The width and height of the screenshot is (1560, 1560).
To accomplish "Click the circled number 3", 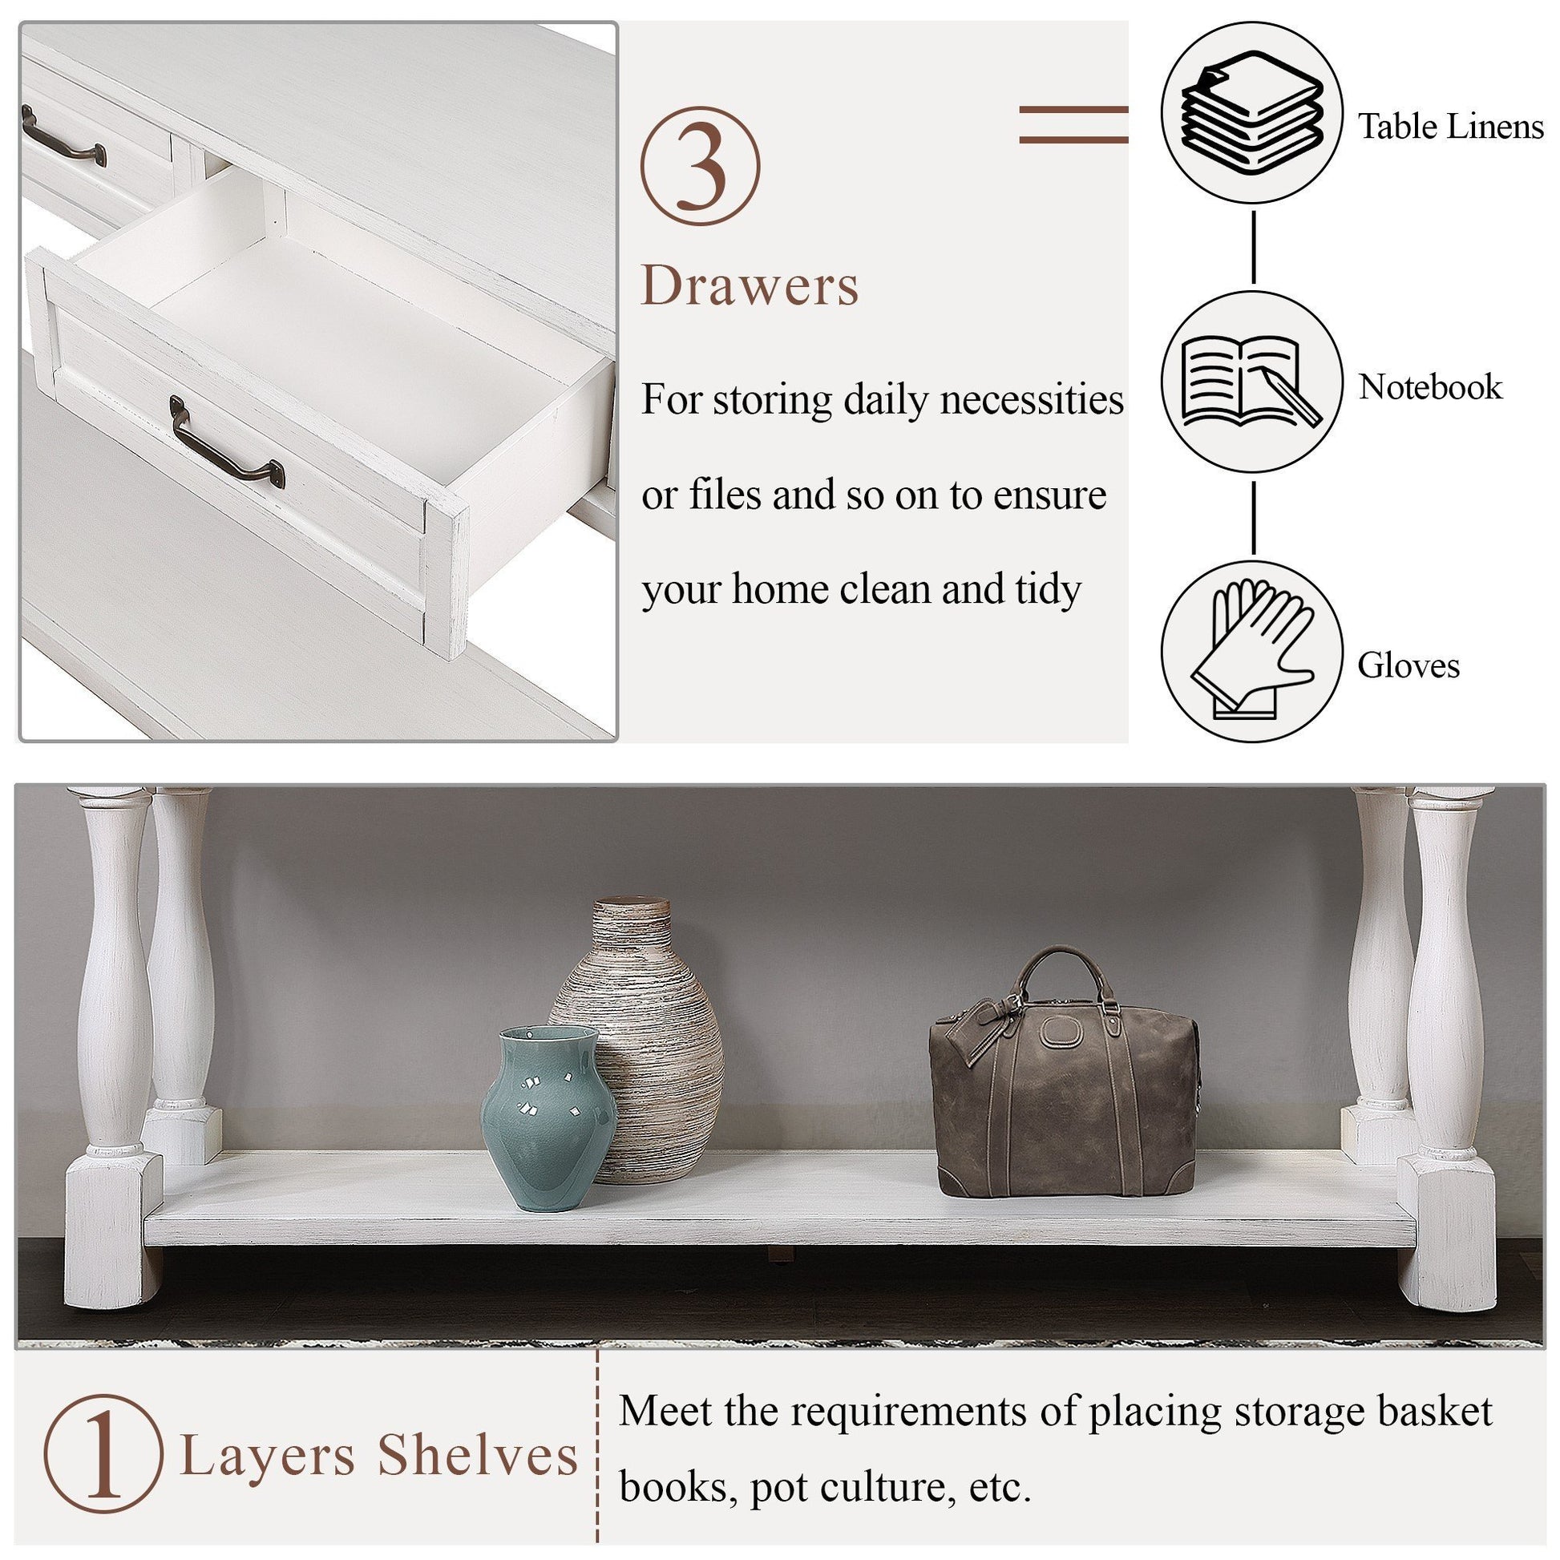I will coord(700,166).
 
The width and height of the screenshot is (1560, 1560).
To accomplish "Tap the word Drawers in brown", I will coord(750,286).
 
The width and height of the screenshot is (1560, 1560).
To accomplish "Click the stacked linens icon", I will coord(1251,113).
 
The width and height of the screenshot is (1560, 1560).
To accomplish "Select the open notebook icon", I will coord(1251,382).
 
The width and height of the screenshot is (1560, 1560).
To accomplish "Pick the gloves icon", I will coord(1251,651).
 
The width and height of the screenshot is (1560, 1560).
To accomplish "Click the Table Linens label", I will coord(1450,127).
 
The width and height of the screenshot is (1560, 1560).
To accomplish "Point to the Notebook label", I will coord(1429,386).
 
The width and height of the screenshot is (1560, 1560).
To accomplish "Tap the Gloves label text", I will coord(1408,666).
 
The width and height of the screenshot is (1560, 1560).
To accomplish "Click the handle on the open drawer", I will coord(228,448).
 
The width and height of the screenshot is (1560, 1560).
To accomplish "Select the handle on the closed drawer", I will coord(63,138).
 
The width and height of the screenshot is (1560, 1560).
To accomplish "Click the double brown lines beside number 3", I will coord(1073,124).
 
